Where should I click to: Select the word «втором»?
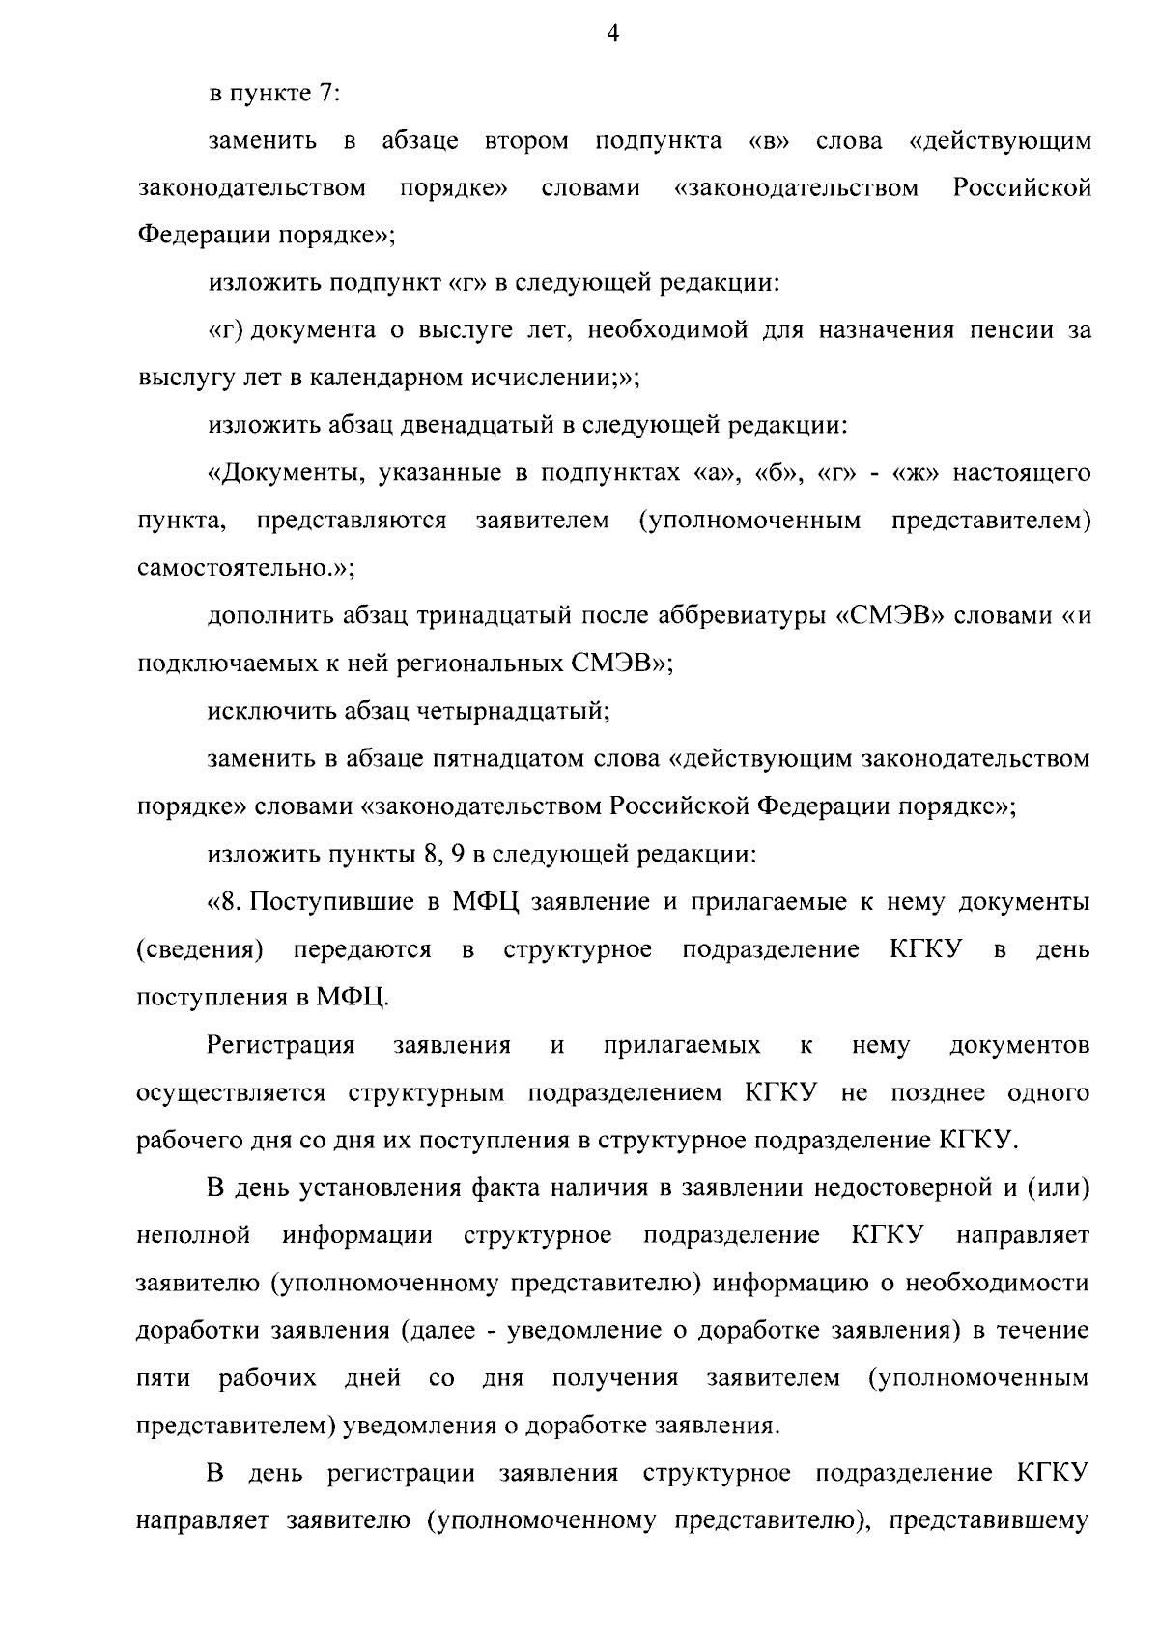[526, 141]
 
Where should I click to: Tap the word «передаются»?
[362, 949]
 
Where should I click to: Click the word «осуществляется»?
[232, 1092]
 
